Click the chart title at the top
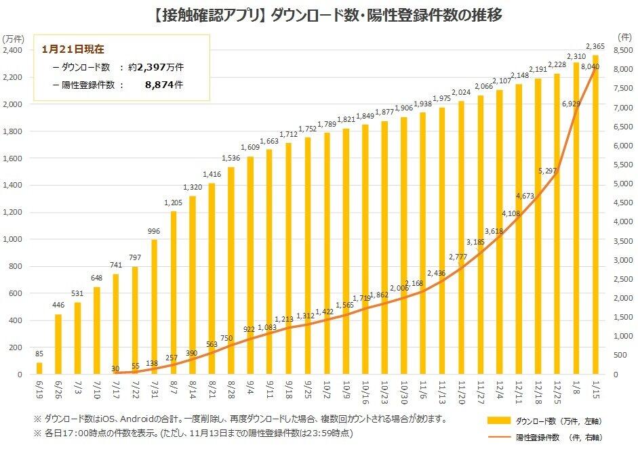click(x=319, y=16)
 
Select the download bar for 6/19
click(x=39, y=368)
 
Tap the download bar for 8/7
click(x=174, y=293)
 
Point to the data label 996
click(x=154, y=232)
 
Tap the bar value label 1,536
click(x=231, y=158)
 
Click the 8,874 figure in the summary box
click(x=163, y=85)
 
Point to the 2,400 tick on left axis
click(x=13, y=50)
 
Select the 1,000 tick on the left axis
click(x=13, y=239)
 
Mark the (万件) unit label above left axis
click(x=14, y=38)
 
